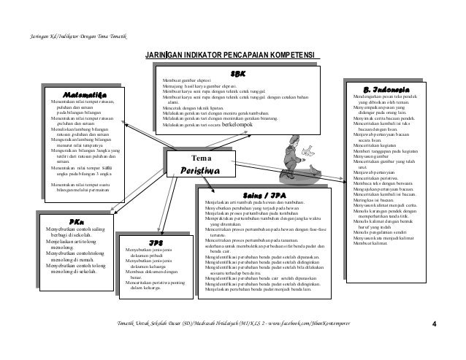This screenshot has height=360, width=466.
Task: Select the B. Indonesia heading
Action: [386, 88]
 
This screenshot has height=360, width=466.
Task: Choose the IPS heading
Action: [156, 242]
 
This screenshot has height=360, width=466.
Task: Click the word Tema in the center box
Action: [200, 158]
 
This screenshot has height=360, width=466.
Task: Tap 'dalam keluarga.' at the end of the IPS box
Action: [147, 288]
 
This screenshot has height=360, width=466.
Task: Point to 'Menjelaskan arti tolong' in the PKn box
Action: [58, 240]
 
